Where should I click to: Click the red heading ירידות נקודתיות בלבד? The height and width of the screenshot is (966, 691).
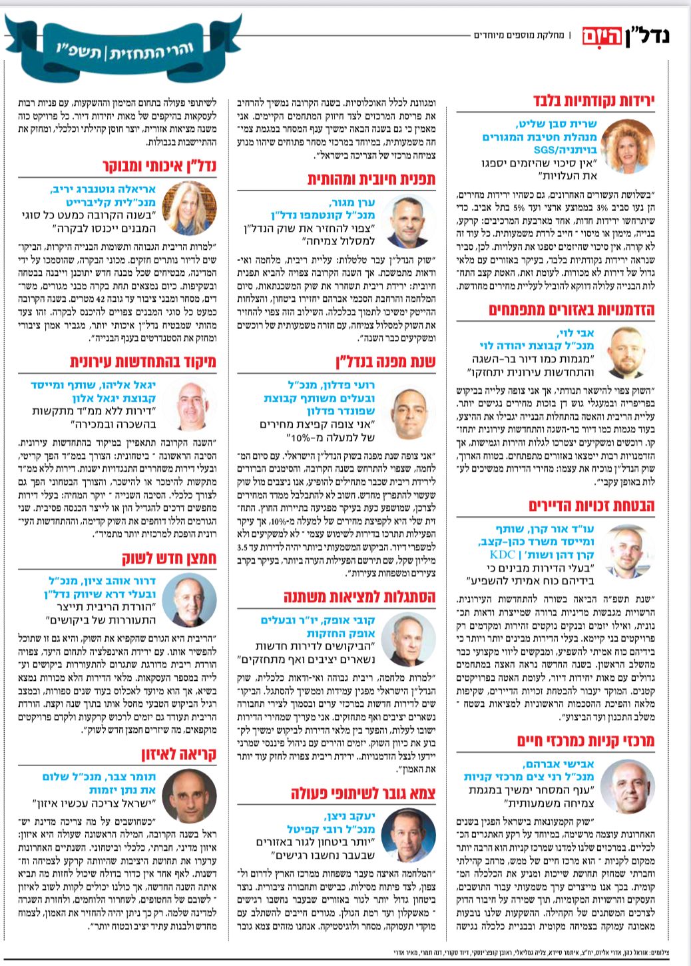tap(594, 101)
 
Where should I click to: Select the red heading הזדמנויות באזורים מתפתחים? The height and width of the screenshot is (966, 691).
tap(572, 310)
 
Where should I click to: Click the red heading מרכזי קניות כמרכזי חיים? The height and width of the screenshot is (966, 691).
tap(586, 741)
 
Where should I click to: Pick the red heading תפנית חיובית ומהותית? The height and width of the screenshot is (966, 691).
tap(371, 179)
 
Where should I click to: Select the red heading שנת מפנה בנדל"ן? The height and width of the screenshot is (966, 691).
tap(385, 362)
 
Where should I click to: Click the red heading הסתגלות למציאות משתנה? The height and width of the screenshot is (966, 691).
tap(359, 596)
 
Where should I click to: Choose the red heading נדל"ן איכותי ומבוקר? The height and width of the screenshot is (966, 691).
tap(160, 165)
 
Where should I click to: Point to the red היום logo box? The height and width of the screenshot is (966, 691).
tap(602, 35)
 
